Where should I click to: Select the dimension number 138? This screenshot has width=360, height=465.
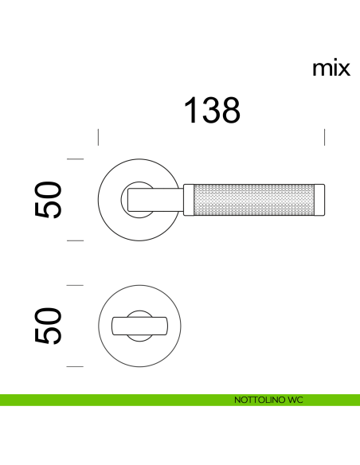point(212,111)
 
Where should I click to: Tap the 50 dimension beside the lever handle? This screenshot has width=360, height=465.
point(49,199)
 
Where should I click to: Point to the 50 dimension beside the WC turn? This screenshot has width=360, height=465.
point(49,325)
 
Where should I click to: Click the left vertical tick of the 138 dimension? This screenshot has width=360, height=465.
point(98,137)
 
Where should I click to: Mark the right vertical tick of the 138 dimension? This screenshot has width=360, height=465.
point(325,137)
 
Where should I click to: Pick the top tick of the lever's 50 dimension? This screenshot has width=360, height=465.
point(76,159)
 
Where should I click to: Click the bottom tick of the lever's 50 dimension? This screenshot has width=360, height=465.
point(76,240)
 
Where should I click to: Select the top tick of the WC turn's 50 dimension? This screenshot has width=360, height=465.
point(76,284)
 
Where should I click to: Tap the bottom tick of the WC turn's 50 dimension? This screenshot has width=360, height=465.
point(76,365)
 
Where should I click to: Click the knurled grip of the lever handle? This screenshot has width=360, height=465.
point(254,200)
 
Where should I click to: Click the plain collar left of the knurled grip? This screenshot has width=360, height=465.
point(188,200)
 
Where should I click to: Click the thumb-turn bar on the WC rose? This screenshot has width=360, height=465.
point(139,326)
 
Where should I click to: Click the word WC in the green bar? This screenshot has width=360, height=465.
point(295,399)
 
